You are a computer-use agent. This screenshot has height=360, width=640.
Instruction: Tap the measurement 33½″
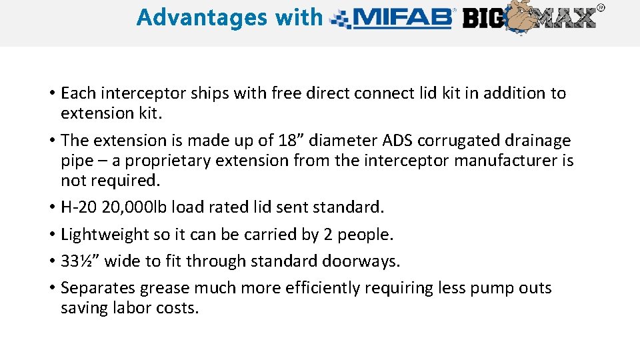(80, 261)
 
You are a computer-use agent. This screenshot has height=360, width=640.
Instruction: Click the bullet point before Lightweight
(51, 235)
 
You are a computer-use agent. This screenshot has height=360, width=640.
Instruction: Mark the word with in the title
(298, 17)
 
